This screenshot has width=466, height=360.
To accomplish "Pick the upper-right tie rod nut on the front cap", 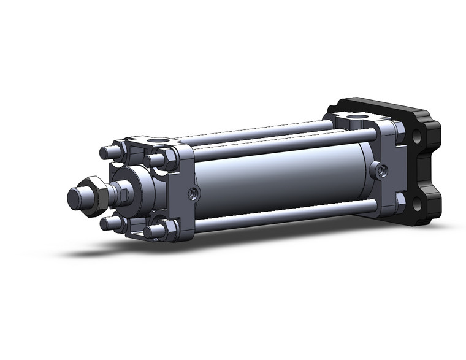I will [156, 161].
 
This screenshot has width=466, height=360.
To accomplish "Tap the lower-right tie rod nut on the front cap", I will [153, 232].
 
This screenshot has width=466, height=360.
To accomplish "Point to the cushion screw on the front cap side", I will [194, 194].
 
